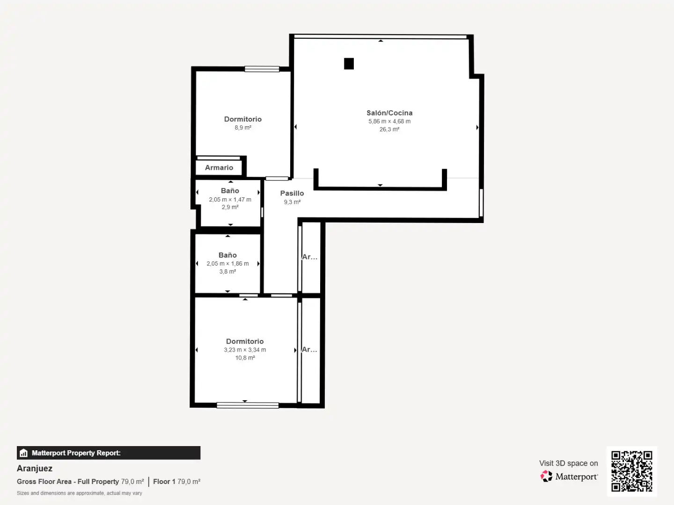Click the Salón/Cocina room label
[x=389, y=113]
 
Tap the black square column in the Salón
[x=349, y=64]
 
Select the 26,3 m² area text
[x=389, y=130]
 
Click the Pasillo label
[x=292, y=193]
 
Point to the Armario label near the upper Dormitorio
[x=219, y=167]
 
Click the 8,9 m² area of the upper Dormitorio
[x=243, y=128]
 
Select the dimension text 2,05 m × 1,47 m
[x=230, y=200]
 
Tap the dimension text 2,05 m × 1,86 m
[x=227, y=264]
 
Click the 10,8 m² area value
[x=245, y=358]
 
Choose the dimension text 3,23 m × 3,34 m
[x=245, y=350]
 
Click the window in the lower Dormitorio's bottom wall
[x=248, y=405]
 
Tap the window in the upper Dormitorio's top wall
[x=262, y=69]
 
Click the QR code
[x=631, y=471]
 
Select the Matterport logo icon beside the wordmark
[x=546, y=476]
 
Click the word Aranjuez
[x=34, y=468]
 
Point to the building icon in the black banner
[x=24, y=453]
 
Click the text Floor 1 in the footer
[x=164, y=482]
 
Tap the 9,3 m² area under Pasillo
[x=292, y=202]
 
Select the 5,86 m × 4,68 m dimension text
[x=389, y=121]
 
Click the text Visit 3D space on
[x=568, y=463]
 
